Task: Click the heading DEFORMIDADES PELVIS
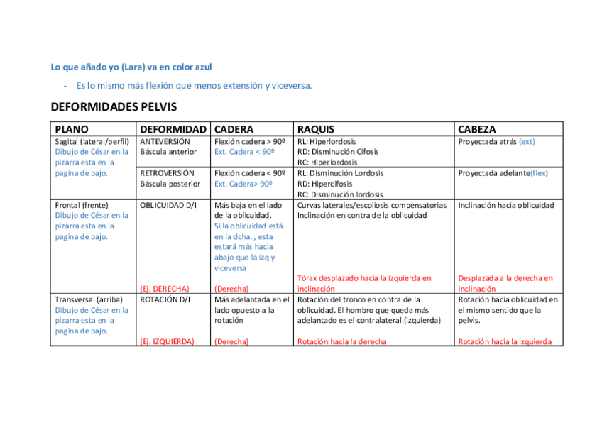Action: pyautogui.click(x=114, y=107)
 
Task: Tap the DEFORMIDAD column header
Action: pyautogui.click(x=173, y=129)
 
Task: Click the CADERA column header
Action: pyautogui.click(x=234, y=129)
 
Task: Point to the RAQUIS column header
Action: pyautogui.click(x=316, y=129)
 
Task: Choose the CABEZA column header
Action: pyautogui.click(x=477, y=129)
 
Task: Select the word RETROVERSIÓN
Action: pyautogui.click(x=167, y=173)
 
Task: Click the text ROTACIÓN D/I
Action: pyautogui.click(x=164, y=299)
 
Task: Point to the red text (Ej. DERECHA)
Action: pyautogui.click(x=165, y=289)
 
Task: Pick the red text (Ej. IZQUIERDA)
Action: pyautogui.click(x=167, y=341)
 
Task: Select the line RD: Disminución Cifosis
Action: pyautogui.click(x=338, y=152)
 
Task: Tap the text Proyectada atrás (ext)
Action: pyautogui.click(x=496, y=141)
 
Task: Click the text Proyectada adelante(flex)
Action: pyautogui.click(x=503, y=173)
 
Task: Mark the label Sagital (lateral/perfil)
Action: pyautogui.click(x=92, y=141)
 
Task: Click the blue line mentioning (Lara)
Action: pyautogui.click(x=131, y=67)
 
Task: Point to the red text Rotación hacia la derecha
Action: pyautogui.click(x=342, y=341)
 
